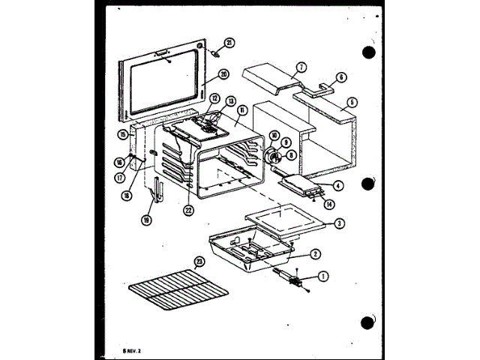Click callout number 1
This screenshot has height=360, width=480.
[x=323, y=276]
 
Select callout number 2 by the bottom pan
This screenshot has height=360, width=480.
[x=316, y=253]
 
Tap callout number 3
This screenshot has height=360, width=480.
[x=339, y=223]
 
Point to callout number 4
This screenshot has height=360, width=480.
[x=339, y=185]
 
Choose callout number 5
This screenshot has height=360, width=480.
[x=352, y=102]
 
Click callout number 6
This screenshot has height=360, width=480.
[x=341, y=76]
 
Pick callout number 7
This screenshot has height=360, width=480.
[x=300, y=67]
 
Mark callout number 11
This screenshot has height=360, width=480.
[x=241, y=109]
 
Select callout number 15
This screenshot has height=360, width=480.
[x=121, y=135]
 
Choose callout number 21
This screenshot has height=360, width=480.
[x=229, y=42]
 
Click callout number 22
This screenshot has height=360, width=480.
[x=188, y=211]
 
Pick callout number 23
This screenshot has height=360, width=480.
[x=199, y=262]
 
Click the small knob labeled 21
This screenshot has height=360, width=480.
[x=216, y=53]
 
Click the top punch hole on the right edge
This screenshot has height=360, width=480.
[x=367, y=52]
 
